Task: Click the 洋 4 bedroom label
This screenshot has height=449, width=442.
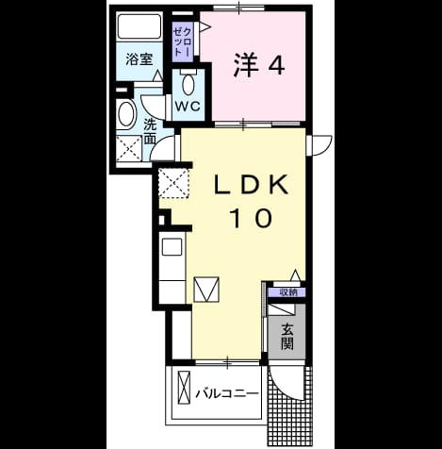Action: (x=259, y=65)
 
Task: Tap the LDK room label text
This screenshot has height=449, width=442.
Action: (x=252, y=185)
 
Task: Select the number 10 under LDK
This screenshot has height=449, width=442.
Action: (x=252, y=218)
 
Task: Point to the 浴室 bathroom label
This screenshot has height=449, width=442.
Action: (x=139, y=59)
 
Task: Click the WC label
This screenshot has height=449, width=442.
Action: (x=188, y=106)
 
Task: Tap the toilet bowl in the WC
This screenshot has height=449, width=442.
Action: (x=188, y=82)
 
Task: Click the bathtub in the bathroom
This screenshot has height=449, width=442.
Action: (x=139, y=26)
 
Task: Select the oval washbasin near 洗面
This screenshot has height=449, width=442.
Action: (x=126, y=114)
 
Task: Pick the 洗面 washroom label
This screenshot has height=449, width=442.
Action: (x=150, y=131)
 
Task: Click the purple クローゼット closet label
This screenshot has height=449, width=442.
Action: (x=183, y=42)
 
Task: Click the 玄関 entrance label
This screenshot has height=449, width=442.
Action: (x=287, y=337)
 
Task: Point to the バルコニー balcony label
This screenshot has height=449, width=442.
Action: (x=227, y=393)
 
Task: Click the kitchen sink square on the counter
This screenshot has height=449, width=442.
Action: (x=172, y=247)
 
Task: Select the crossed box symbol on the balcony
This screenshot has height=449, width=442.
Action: (x=184, y=388)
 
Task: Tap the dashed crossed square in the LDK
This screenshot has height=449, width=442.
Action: (x=173, y=183)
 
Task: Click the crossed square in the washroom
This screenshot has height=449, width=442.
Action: (x=129, y=149)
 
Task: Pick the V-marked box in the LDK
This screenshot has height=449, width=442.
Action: (x=206, y=290)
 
